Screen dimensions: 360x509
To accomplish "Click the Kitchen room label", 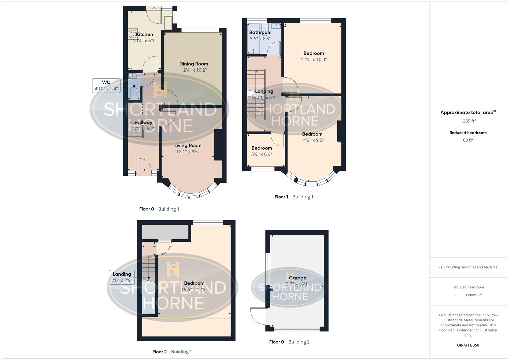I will [x=145, y=34].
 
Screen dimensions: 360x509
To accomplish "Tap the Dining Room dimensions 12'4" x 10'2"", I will [x=194, y=70].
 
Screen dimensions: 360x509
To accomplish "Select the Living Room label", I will [x=188, y=145].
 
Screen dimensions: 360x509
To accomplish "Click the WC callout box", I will [x=106, y=86].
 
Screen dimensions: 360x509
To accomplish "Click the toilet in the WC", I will [x=133, y=93].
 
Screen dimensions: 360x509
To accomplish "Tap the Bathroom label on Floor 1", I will [x=260, y=32].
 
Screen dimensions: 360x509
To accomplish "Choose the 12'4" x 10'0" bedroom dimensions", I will [x=314, y=60].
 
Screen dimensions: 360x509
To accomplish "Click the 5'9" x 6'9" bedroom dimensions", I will [x=262, y=154].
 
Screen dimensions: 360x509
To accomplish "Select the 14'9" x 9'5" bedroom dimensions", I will [x=312, y=140].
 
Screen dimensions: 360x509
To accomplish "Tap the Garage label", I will [x=297, y=278].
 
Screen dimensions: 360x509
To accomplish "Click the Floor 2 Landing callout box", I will [x=122, y=277].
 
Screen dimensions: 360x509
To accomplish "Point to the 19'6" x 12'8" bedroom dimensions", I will [x=194, y=290].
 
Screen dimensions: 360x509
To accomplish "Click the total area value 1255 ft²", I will [x=468, y=121].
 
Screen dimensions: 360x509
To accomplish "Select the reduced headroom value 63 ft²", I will [x=468, y=140].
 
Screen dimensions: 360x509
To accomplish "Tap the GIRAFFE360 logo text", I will [x=468, y=345].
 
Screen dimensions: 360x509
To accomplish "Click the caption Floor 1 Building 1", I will [x=294, y=197].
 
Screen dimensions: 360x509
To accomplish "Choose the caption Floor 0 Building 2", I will [x=289, y=342].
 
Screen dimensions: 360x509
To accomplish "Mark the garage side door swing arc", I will [x=257, y=317].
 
